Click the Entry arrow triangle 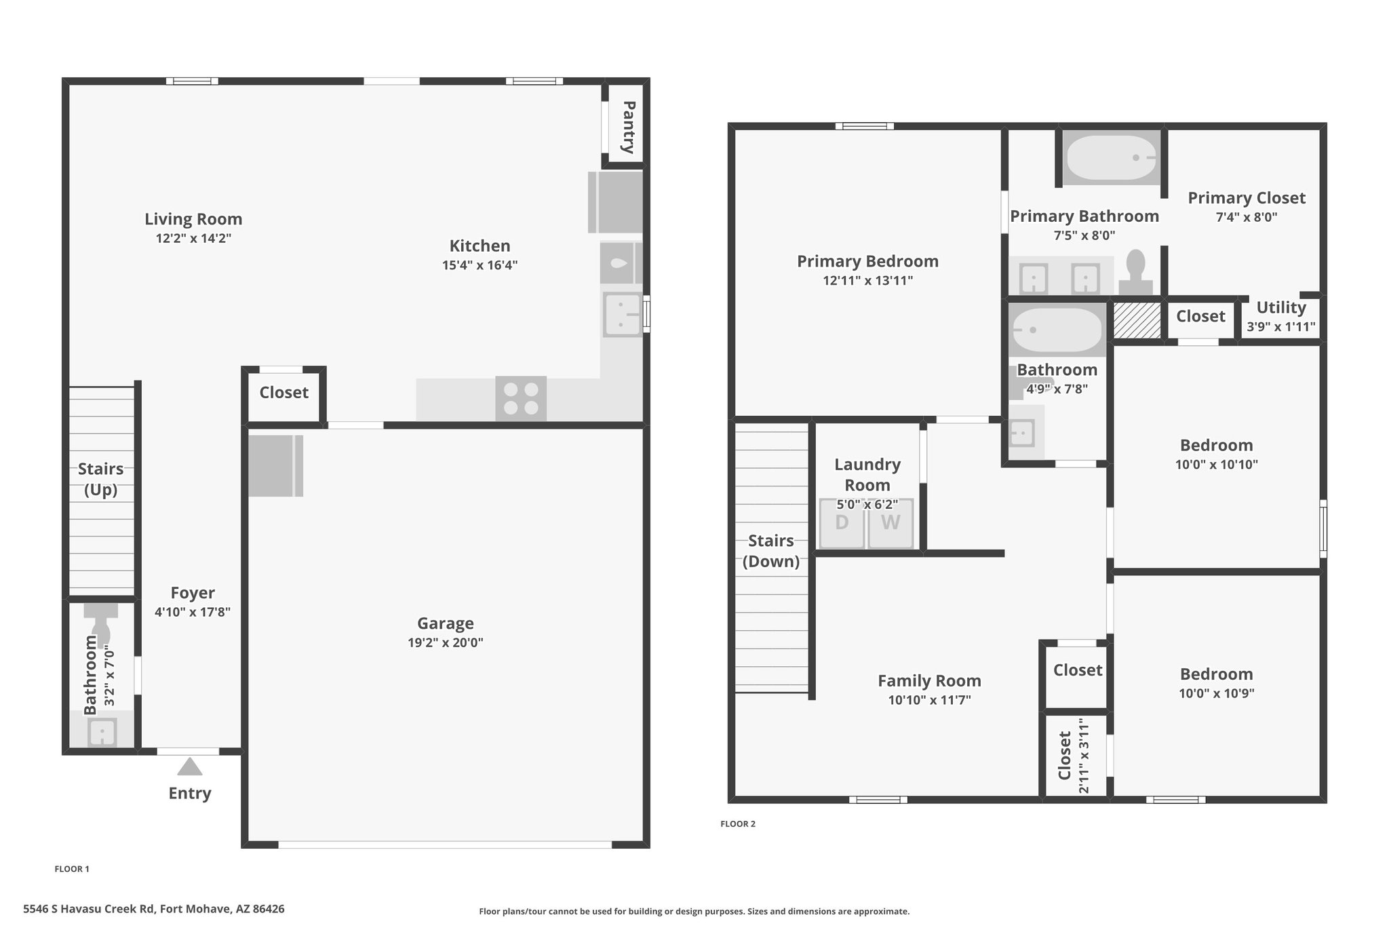(x=190, y=767)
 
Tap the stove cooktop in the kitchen (x=521, y=398)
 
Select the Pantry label (x=628, y=127)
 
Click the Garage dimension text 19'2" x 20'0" (x=446, y=642)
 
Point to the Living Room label (x=193, y=219)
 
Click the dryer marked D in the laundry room (x=842, y=523)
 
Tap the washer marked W (x=891, y=523)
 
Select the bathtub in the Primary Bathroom (x=1111, y=158)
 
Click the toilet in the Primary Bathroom (x=1135, y=272)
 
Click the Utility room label (x=1281, y=308)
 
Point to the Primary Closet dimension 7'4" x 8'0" (x=1247, y=217)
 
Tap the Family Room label (x=929, y=681)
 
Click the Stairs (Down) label (x=771, y=551)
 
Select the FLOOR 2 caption (x=738, y=824)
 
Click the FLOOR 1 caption (x=72, y=869)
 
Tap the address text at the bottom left (x=154, y=909)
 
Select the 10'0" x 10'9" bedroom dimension (x=1217, y=693)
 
